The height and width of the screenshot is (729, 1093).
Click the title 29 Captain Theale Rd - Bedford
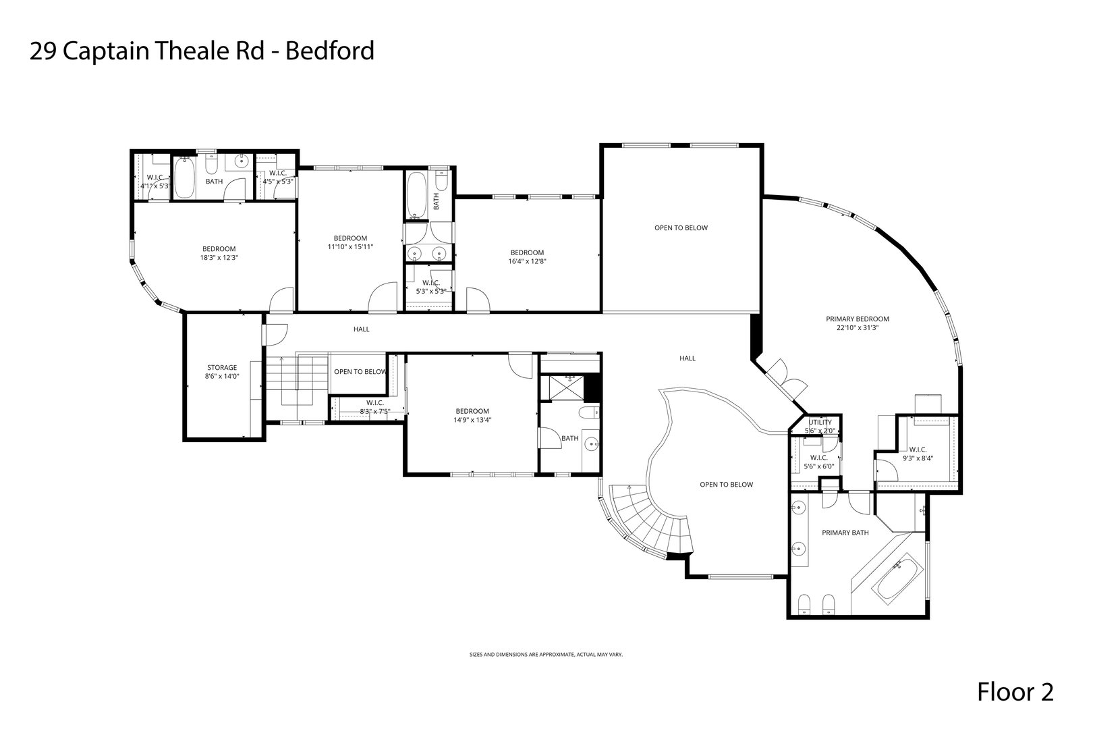(202, 51)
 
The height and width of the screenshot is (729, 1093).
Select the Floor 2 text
(1015, 692)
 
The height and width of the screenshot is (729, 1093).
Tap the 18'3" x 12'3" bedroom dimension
(219, 257)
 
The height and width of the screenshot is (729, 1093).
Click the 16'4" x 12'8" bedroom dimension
(527, 261)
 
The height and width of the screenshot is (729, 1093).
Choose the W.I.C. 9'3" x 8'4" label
(917, 454)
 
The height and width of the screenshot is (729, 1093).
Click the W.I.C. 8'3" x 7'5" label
(375, 407)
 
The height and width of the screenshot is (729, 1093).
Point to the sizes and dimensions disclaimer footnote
(546, 654)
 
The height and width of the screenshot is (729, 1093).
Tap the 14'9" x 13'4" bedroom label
(472, 415)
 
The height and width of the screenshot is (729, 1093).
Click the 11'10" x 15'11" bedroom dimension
(350, 246)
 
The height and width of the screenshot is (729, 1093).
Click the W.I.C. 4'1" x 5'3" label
(155, 182)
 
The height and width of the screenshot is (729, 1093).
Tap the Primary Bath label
(845, 533)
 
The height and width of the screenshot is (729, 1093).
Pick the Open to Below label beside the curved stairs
(726, 484)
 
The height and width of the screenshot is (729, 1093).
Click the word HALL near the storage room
(362, 329)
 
